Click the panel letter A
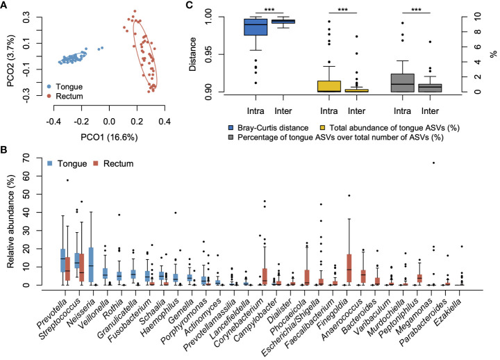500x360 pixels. pos(5,6)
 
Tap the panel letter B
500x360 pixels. pos(5,148)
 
